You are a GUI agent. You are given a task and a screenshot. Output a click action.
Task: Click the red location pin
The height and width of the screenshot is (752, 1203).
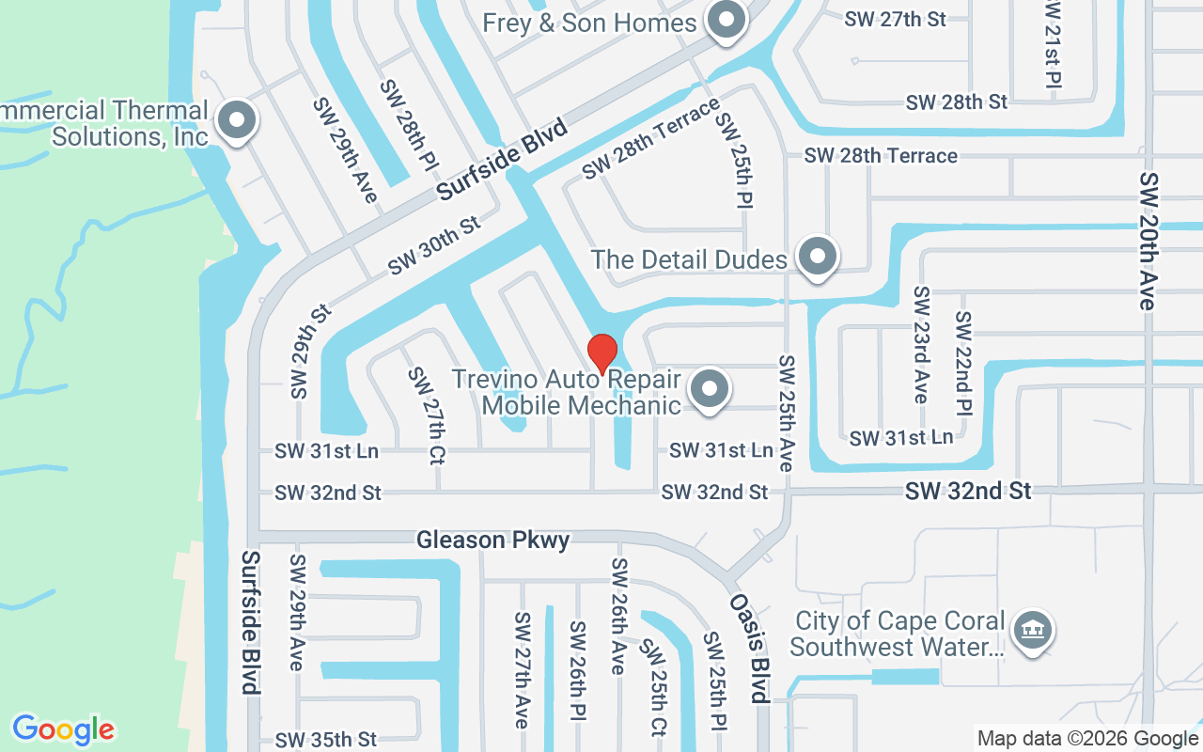(601, 353)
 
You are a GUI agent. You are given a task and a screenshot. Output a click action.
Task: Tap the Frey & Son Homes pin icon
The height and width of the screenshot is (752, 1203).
(726, 21)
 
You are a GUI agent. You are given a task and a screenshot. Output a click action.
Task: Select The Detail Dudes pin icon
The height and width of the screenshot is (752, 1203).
(817, 256)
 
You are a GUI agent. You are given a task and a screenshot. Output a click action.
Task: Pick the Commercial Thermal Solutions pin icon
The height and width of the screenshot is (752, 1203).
(237, 121)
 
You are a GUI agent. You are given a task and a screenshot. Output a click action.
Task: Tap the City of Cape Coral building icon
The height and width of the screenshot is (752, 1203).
(1033, 631)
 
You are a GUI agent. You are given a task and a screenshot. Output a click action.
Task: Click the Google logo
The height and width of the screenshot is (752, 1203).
(64, 729)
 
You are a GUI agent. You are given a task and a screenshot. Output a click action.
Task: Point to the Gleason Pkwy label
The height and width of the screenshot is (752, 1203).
(492, 540)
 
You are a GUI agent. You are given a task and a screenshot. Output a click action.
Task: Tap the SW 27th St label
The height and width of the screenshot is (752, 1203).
(894, 19)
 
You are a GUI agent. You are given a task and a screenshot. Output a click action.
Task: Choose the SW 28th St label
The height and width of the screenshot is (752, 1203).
(957, 102)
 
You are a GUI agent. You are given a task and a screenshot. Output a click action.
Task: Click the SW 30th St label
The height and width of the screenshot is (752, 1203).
(434, 245)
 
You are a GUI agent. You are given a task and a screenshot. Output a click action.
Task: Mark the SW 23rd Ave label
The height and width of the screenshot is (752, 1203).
(921, 344)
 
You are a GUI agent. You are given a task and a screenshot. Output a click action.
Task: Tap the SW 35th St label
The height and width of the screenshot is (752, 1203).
(326, 739)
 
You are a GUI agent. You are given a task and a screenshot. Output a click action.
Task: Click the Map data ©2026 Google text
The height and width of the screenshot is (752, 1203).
(1088, 739)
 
